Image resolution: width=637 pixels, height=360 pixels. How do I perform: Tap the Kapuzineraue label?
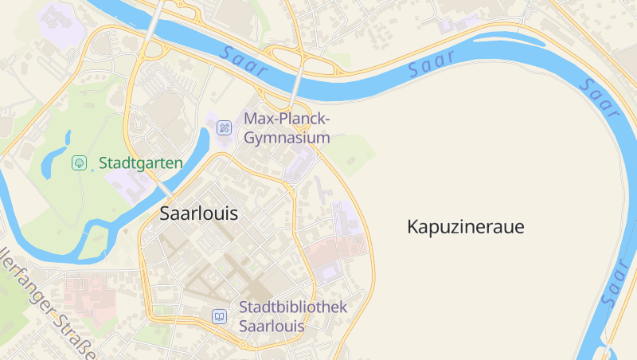tap(466, 227)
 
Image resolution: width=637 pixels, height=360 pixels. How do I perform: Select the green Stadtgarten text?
tap(141, 163)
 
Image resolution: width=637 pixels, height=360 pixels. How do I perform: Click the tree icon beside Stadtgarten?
tap(80, 163)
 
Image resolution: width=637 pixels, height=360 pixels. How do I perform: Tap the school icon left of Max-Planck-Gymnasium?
tap(225, 127)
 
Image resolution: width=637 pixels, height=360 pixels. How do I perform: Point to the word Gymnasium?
tap(287, 138)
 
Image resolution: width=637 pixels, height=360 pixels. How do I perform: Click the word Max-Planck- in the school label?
tap(287, 119)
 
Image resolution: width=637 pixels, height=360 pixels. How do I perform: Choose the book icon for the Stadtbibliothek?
tap(219, 316)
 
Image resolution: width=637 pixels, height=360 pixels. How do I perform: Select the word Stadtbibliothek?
tap(293, 307)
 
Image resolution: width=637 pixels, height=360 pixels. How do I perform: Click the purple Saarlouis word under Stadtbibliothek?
tap(272, 327)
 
